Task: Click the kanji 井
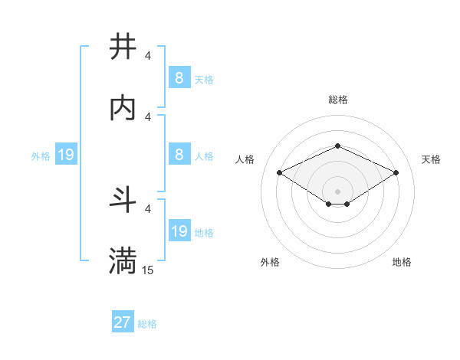[x=123, y=47]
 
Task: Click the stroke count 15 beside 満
[x=147, y=270]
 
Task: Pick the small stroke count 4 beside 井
[x=147, y=56]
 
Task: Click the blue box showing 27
[x=123, y=322]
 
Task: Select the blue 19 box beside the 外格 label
[x=66, y=155]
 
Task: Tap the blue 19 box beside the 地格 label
[x=179, y=231]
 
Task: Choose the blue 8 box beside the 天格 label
[x=179, y=78]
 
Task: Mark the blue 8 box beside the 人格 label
[x=179, y=155]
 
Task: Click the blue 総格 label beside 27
[x=147, y=324]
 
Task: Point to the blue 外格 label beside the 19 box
[x=41, y=156]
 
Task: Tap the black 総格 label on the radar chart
[x=337, y=100]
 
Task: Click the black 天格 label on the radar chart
[x=431, y=159]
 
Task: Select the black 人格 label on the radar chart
[x=245, y=159]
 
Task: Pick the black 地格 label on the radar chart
[x=402, y=262]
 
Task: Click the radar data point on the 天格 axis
[x=396, y=172]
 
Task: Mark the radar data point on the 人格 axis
[x=279, y=172]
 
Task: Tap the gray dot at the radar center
[x=337, y=191]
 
